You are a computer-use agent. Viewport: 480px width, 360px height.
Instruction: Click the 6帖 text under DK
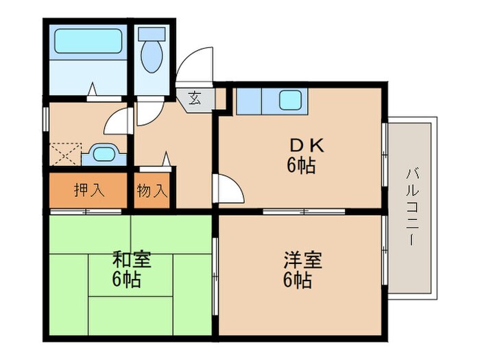pos(301,165)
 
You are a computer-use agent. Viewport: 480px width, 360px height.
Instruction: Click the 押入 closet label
pos(88,191)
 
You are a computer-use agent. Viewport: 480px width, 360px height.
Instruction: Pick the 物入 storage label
pos(152,191)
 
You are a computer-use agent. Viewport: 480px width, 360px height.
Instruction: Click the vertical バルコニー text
pos(411,206)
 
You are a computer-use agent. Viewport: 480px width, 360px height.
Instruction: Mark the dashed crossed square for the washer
pos(66,154)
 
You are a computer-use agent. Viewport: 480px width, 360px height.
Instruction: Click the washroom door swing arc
pos(117,123)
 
